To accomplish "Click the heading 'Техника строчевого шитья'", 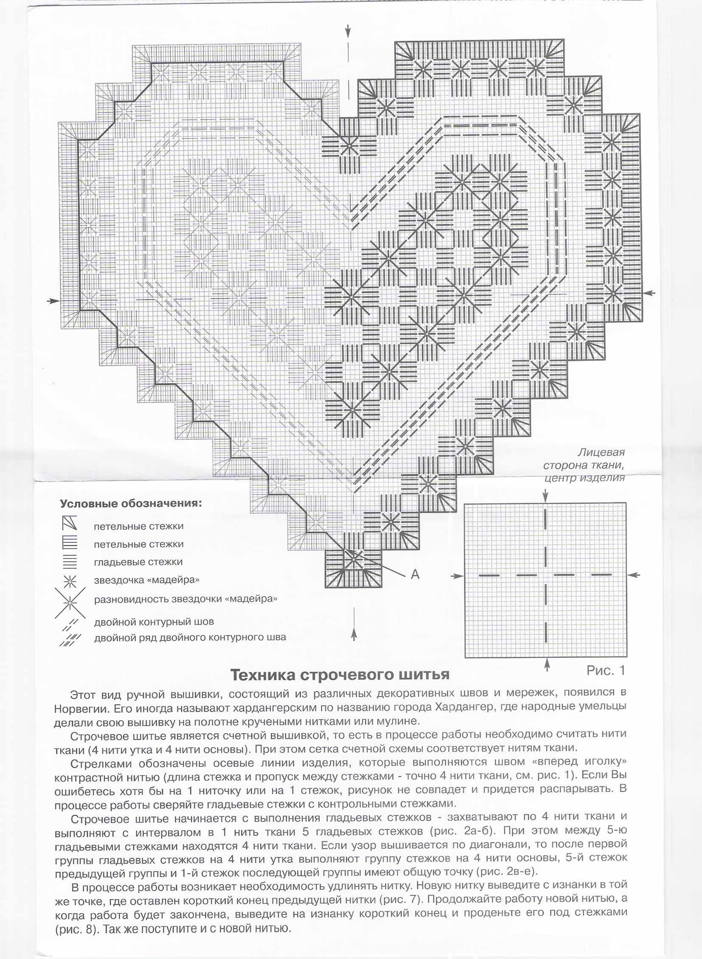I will pyautogui.click(x=340, y=674).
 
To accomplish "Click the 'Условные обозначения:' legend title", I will pyautogui.click(x=131, y=504).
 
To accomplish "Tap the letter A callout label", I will pyautogui.click(x=415, y=575).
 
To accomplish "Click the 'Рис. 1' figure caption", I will pyautogui.click(x=606, y=670).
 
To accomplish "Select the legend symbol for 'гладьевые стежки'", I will pyautogui.click(x=70, y=562).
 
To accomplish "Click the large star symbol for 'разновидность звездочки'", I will pyautogui.click(x=70, y=603).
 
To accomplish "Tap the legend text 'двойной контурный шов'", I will pyautogui.click(x=154, y=622).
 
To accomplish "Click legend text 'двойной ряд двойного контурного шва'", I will pyautogui.click(x=190, y=637).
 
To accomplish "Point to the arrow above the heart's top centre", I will pyautogui.click(x=348, y=30).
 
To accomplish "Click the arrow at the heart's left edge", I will pyautogui.click(x=53, y=301).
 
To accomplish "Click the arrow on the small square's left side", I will pyautogui.click(x=457, y=576).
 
